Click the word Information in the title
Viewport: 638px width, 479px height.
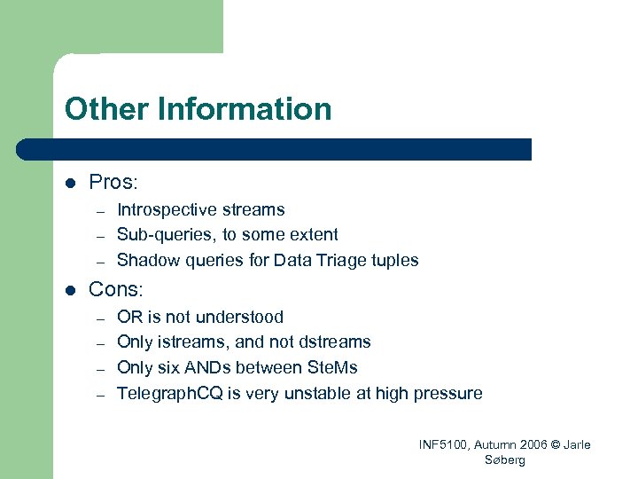[x=245, y=110]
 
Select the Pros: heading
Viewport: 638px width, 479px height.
[x=113, y=183]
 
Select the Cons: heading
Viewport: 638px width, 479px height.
[x=115, y=289]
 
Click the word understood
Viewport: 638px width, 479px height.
[x=239, y=318]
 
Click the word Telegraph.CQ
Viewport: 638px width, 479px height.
[x=168, y=393]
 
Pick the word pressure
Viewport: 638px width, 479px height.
[x=447, y=393]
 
